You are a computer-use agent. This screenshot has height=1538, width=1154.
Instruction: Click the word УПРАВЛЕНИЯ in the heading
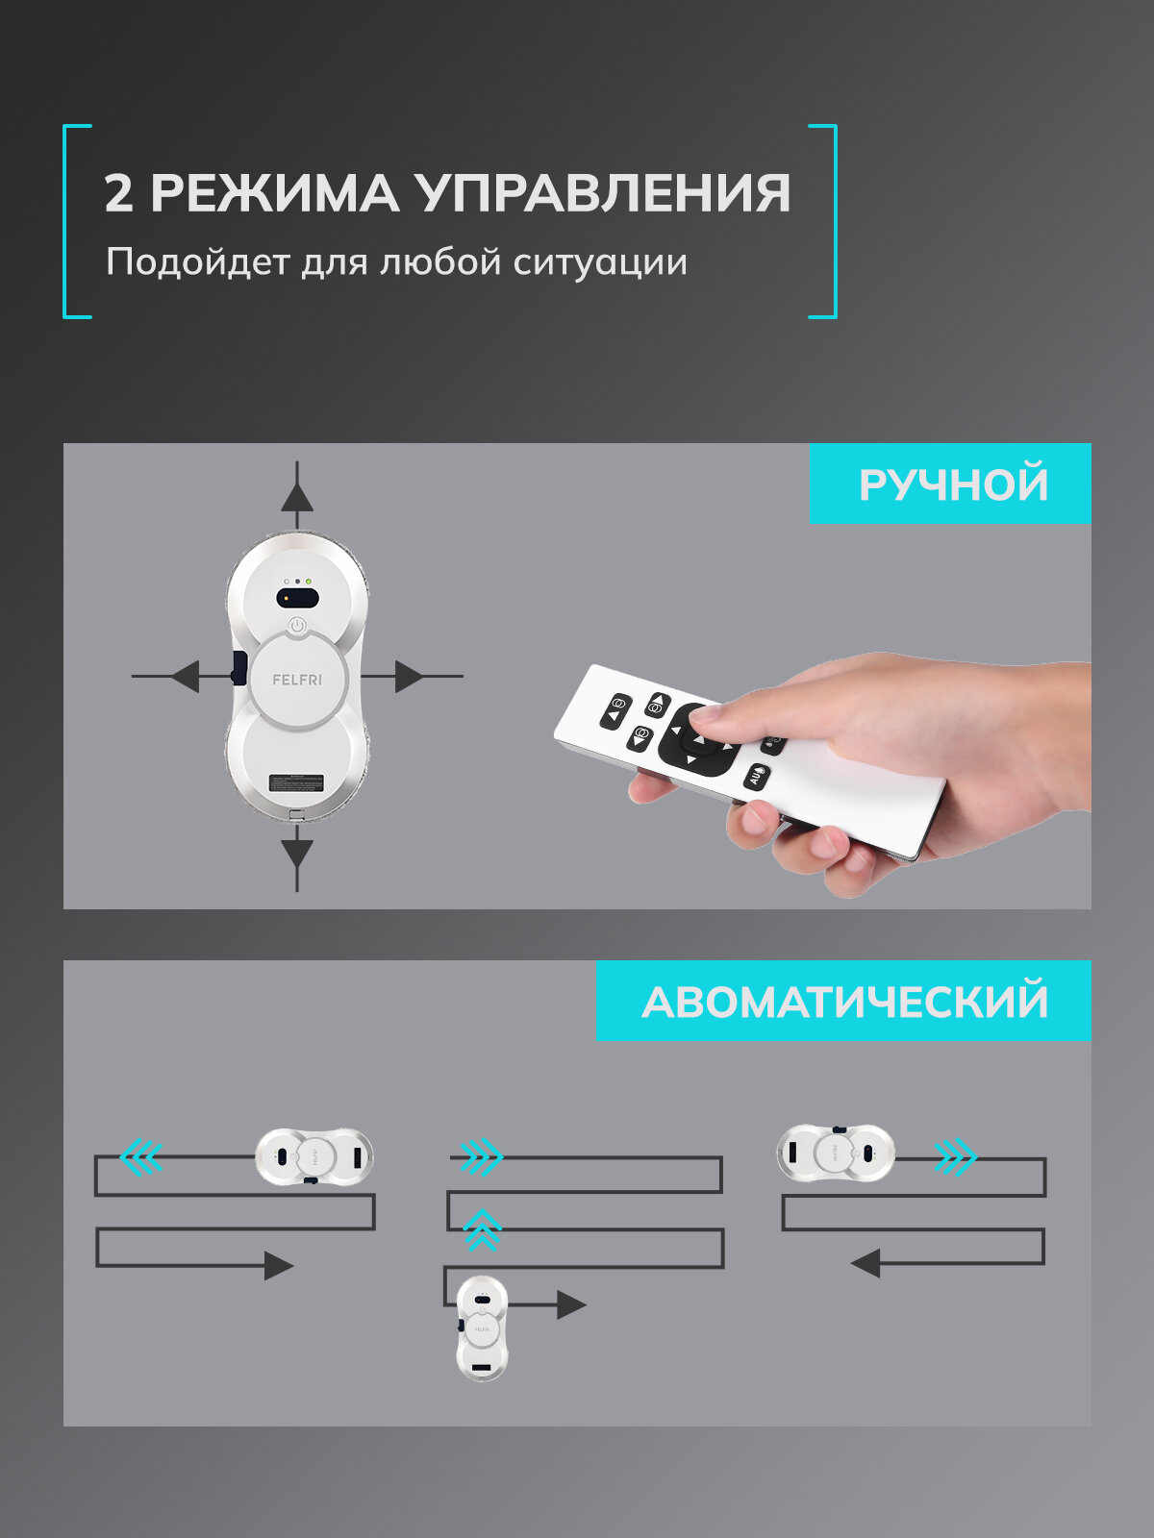(604, 193)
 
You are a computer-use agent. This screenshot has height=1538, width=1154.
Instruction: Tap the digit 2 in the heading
(117, 193)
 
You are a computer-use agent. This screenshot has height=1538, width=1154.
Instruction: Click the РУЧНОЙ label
(952, 484)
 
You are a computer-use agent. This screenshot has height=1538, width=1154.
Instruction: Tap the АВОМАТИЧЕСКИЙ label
(844, 1002)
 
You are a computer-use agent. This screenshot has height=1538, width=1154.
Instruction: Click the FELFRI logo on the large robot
(297, 680)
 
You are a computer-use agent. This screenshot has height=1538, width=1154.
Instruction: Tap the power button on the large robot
(297, 626)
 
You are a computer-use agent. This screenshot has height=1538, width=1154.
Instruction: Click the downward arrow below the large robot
(297, 853)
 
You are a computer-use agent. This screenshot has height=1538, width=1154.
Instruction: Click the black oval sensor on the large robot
(297, 598)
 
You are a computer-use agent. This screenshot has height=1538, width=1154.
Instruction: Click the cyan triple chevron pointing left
(140, 1156)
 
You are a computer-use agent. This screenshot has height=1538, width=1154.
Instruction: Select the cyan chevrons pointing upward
(482, 1229)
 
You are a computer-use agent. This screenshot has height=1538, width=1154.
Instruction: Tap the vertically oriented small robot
(482, 1327)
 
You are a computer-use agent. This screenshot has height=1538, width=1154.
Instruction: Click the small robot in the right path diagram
(835, 1152)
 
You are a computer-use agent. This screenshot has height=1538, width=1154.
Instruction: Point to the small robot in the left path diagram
(314, 1156)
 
